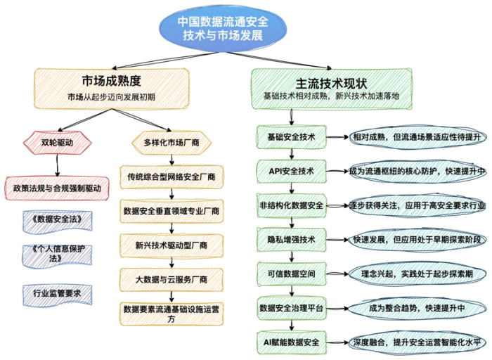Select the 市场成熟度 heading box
point(111,89)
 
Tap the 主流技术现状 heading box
point(332,89)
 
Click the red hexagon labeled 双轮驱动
point(57,143)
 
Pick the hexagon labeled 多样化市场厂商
point(171,143)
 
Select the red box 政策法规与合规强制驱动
point(57,188)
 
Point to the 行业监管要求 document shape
point(58,295)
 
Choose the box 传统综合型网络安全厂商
point(171,177)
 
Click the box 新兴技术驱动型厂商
point(171,245)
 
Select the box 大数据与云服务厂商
point(171,280)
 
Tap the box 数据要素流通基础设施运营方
point(171,314)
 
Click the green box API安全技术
point(292,172)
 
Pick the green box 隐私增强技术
point(292,240)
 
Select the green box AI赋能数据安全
point(292,342)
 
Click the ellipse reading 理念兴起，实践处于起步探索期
point(417,274)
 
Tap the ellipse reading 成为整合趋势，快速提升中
point(417,308)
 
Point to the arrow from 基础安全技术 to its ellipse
point(337,137)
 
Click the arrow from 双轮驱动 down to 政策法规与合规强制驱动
point(57,166)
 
